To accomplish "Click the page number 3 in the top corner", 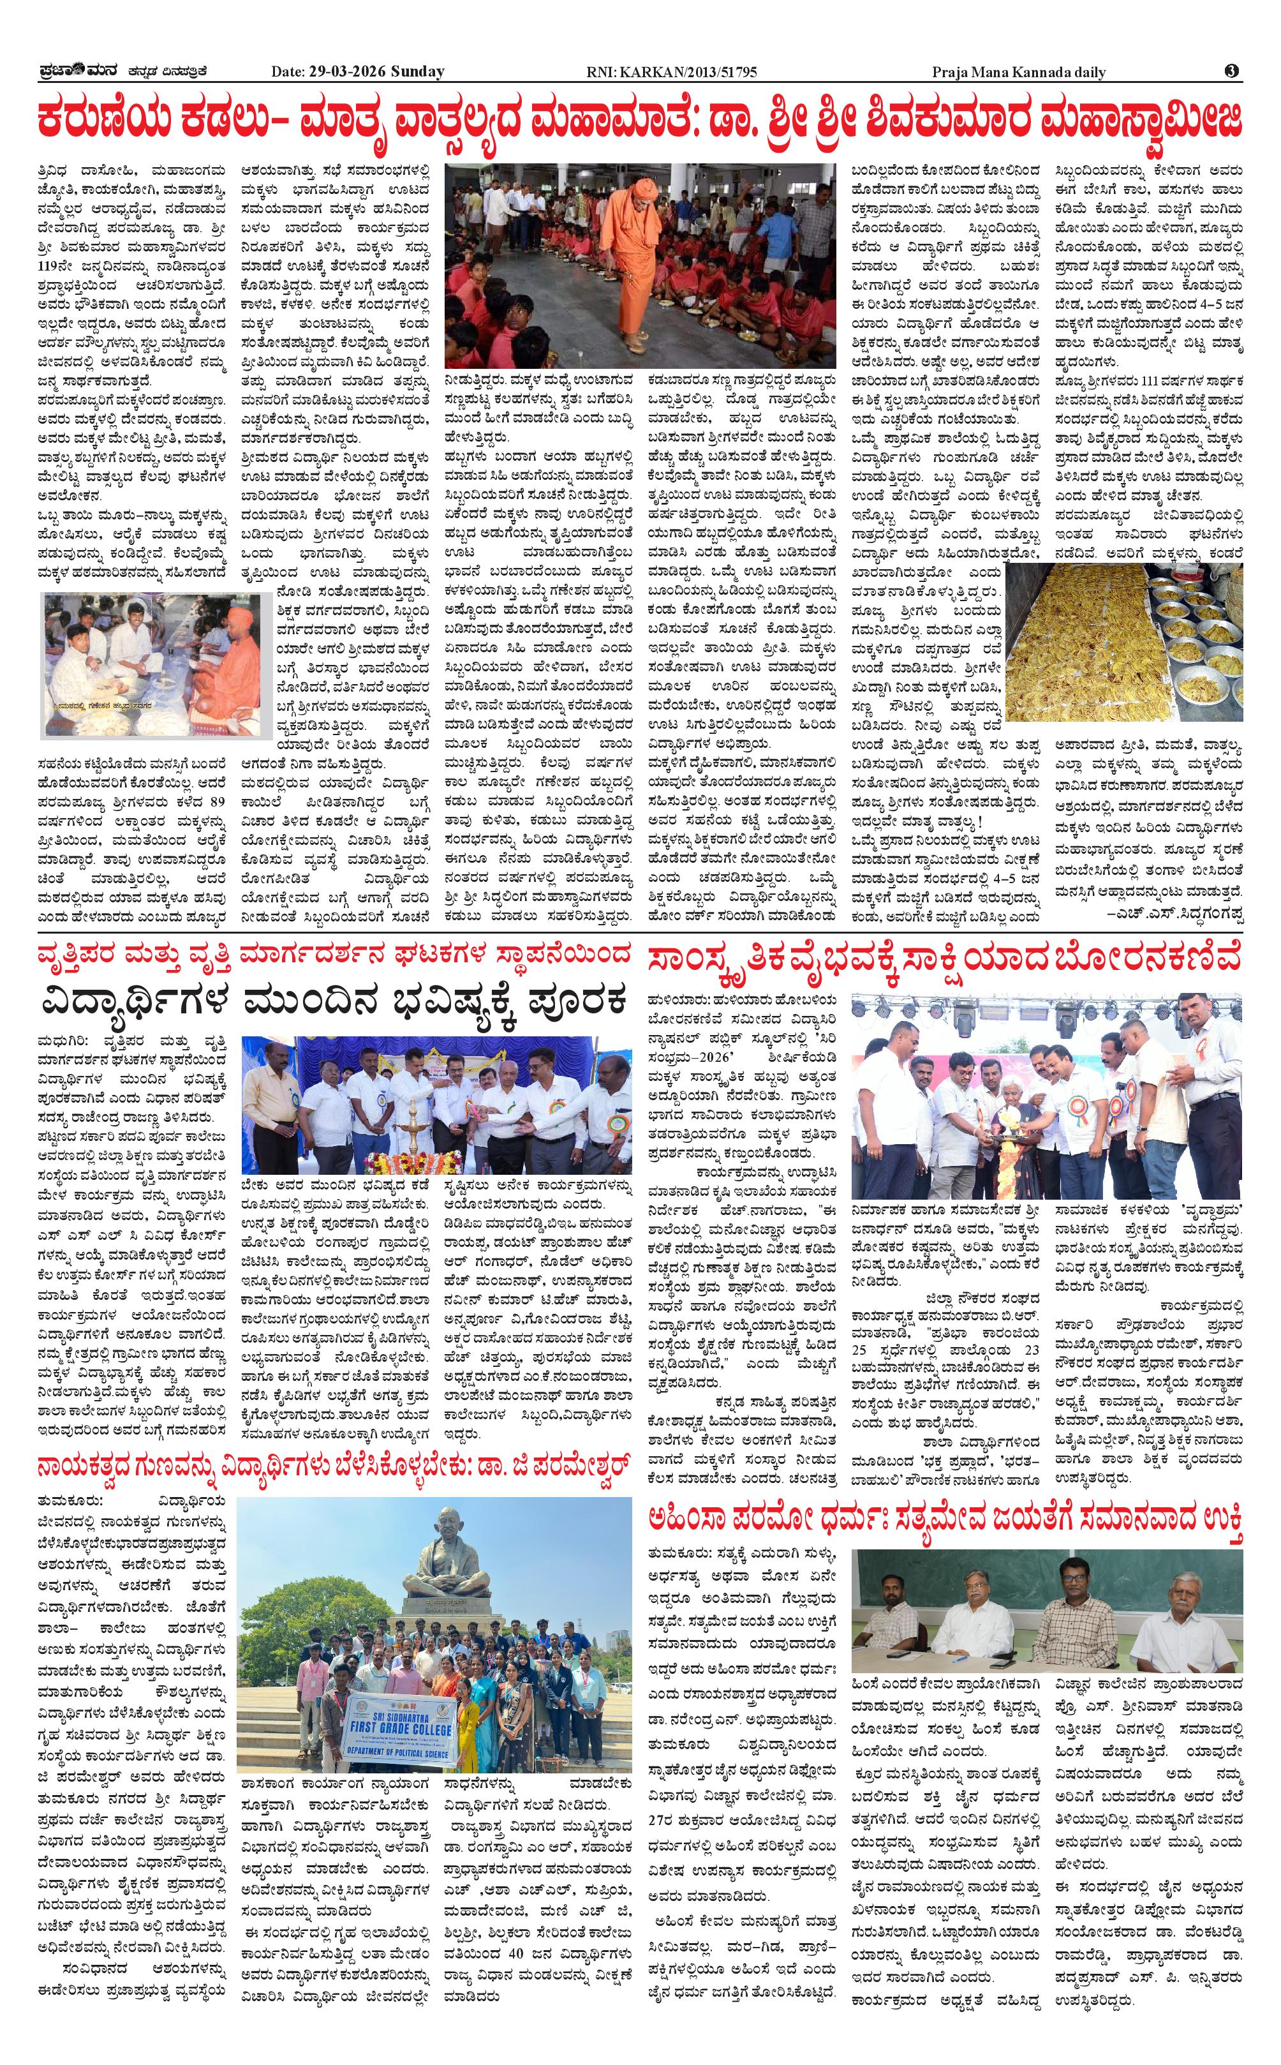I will (x=1231, y=72).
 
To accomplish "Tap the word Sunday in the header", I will (x=417, y=72).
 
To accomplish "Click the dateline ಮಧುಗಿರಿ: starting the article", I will (x=61, y=1041).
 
